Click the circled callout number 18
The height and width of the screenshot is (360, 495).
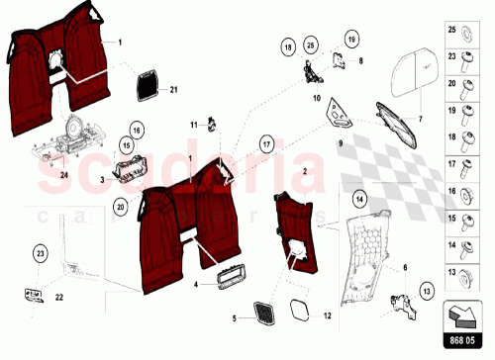point(288,46)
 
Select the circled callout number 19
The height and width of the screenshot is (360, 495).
point(350,39)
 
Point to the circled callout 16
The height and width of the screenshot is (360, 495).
point(138,131)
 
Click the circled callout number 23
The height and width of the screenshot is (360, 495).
point(40,254)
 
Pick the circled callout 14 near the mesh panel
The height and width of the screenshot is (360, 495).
point(359,201)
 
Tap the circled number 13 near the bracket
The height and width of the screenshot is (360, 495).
point(427,290)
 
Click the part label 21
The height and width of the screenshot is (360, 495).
point(172,90)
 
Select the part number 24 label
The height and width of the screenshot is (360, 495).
point(38,176)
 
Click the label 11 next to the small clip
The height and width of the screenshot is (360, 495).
point(195,124)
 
